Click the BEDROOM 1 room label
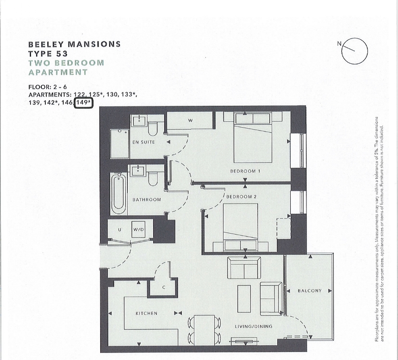(245, 171)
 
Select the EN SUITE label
(143, 142)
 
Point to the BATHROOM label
(147, 200)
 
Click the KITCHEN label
(146, 313)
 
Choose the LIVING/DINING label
(253, 327)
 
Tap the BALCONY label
(310, 291)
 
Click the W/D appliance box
(139, 229)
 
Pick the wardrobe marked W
(190, 121)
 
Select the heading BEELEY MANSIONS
(75, 44)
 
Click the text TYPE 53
(48, 54)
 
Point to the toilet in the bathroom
(153, 178)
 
